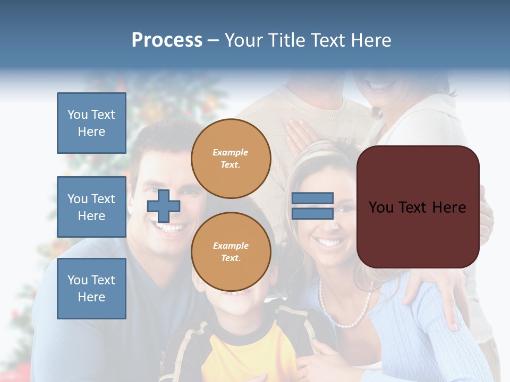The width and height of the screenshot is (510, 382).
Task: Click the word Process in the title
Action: [x=167, y=40]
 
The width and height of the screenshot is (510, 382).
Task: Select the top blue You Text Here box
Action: [x=91, y=123]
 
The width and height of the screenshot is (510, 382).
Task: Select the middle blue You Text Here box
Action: [x=91, y=207]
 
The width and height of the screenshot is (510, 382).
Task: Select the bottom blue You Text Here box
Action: [x=91, y=288]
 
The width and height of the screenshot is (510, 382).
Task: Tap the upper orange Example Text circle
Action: [x=231, y=158]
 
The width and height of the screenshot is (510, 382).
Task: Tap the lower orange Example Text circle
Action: [x=231, y=251]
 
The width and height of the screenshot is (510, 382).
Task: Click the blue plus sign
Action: [x=164, y=206]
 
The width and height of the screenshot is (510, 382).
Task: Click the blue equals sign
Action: [x=312, y=206]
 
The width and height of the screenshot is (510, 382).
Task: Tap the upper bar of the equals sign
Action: [x=312, y=198]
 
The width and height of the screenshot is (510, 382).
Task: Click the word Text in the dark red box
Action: [x=418, y=207]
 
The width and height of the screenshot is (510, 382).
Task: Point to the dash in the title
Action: [x=213, y=40]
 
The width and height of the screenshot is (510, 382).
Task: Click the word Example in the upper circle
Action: [x=231, y=152]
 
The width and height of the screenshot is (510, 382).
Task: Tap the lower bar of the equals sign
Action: [x=312, y=213]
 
